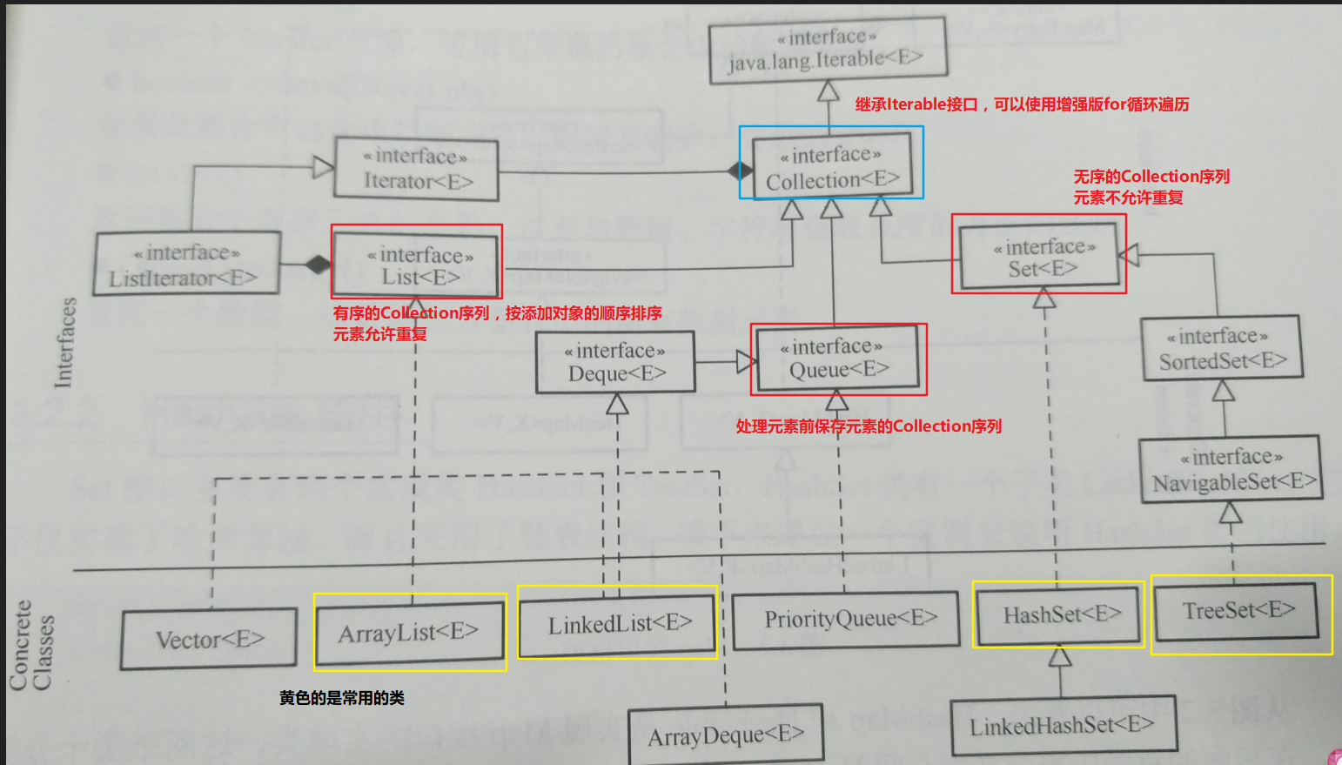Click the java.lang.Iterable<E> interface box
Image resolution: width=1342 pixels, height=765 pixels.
827,50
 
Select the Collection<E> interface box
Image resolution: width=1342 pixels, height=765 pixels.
832,167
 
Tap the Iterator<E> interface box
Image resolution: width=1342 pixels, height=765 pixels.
417,169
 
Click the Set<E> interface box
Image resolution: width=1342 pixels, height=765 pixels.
1041,257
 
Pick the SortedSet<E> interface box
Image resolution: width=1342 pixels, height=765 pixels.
1222,348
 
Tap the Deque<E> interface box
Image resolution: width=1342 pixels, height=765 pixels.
615,362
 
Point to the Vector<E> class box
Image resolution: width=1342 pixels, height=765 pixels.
209,640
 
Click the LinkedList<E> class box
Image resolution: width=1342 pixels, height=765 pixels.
618,624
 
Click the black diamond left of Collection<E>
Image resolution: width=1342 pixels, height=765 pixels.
741,170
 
